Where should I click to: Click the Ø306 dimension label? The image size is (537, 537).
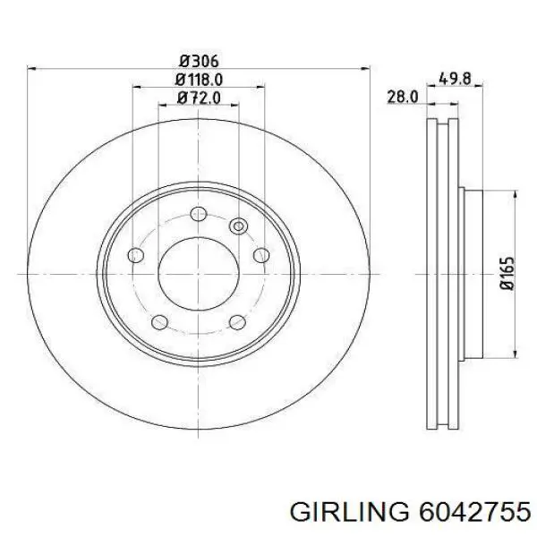point(199,61)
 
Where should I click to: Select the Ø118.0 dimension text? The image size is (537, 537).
point(199,80)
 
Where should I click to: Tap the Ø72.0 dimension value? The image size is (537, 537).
point(199,98)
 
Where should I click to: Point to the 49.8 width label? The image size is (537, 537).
point(455,79)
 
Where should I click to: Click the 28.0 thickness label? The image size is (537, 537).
point(403,97)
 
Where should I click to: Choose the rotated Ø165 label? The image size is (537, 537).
point(507,274)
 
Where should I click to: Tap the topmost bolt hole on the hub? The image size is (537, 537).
point(199,214)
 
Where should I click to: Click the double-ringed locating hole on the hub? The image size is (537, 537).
point(238,226)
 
